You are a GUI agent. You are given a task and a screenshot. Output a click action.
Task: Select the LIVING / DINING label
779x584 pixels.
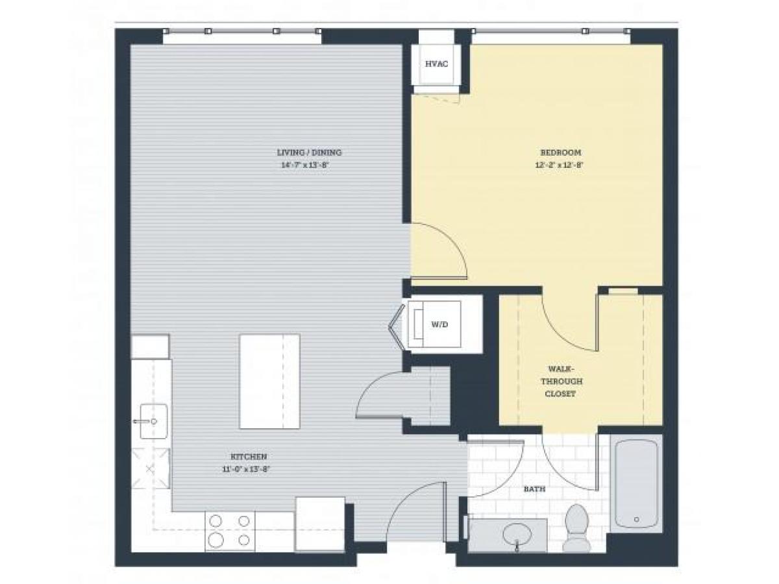pyautogui.click(x=309, y=152)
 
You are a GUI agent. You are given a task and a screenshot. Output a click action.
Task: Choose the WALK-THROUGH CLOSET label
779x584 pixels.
pyautogui.click(x=556, y=381)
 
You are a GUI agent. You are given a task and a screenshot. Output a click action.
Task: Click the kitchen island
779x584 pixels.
pyautogui.click(x=269, y=381)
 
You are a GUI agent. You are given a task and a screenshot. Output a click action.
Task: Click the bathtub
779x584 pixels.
pyautogui.click(x=636, y=483)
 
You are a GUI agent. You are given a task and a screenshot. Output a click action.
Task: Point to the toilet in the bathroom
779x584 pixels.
pyautogui.click(x=576, y=526)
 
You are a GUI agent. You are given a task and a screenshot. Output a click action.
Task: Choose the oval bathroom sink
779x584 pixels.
pyautogui.click(x=517, y=534)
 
